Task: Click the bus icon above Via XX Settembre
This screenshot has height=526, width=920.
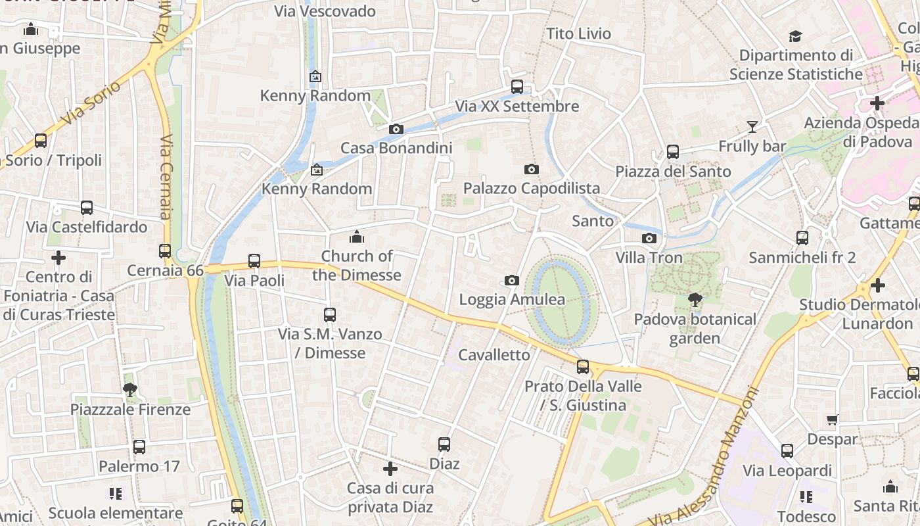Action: [x=517, y=87]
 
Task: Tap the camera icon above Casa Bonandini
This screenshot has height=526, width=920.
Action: [x=396, y=129]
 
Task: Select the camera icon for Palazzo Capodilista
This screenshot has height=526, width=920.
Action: [x=532, y=170]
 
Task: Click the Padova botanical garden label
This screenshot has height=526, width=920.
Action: [x=695, y=329]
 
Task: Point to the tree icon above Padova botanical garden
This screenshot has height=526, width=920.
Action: [x=695, y=300]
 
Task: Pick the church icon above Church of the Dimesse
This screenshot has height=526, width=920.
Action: [x=357, y=237]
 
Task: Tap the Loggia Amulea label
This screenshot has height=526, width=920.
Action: [x=511, y=300]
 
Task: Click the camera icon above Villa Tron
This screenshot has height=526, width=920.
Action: [x=649, y=238]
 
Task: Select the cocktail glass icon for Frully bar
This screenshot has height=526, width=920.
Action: [x=752, y=126]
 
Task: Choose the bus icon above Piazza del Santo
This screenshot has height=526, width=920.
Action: [x=672, y=152]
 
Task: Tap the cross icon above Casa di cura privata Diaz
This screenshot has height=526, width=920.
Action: [x=390, y=469]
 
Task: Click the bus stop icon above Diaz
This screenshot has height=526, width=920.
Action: [x=444, y=444]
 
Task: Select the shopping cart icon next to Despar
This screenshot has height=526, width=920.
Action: [x=833, y=419]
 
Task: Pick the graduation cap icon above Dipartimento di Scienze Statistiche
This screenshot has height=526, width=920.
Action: [x=796, y=36]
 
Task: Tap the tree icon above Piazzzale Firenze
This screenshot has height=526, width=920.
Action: [x=130, y=390]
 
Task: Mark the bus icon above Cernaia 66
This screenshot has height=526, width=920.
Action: [x=165, y=251]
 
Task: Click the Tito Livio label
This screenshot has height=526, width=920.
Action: [x=579, y=34]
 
